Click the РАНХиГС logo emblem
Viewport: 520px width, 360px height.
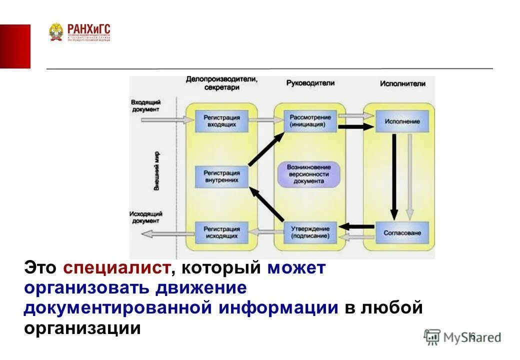coord(56,32)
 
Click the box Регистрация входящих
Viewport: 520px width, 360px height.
coord(221,120)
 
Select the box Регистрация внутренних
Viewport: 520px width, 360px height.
coord(221,176)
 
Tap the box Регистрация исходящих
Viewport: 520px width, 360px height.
coord(221,232)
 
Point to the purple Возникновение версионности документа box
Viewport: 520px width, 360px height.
coord(309,174)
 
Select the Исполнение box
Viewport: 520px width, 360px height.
coord(402,121)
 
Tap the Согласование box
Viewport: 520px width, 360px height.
coord(402,232)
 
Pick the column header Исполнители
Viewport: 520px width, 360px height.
coord(402,83)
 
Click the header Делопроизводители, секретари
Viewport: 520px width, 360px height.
coord(221,83)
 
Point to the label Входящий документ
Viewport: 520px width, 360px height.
coord(145,105)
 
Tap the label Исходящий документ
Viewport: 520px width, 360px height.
coord(145,216)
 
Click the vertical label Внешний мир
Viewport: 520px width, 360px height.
coord(156,170)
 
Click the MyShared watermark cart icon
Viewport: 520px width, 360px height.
coord(432,336)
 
